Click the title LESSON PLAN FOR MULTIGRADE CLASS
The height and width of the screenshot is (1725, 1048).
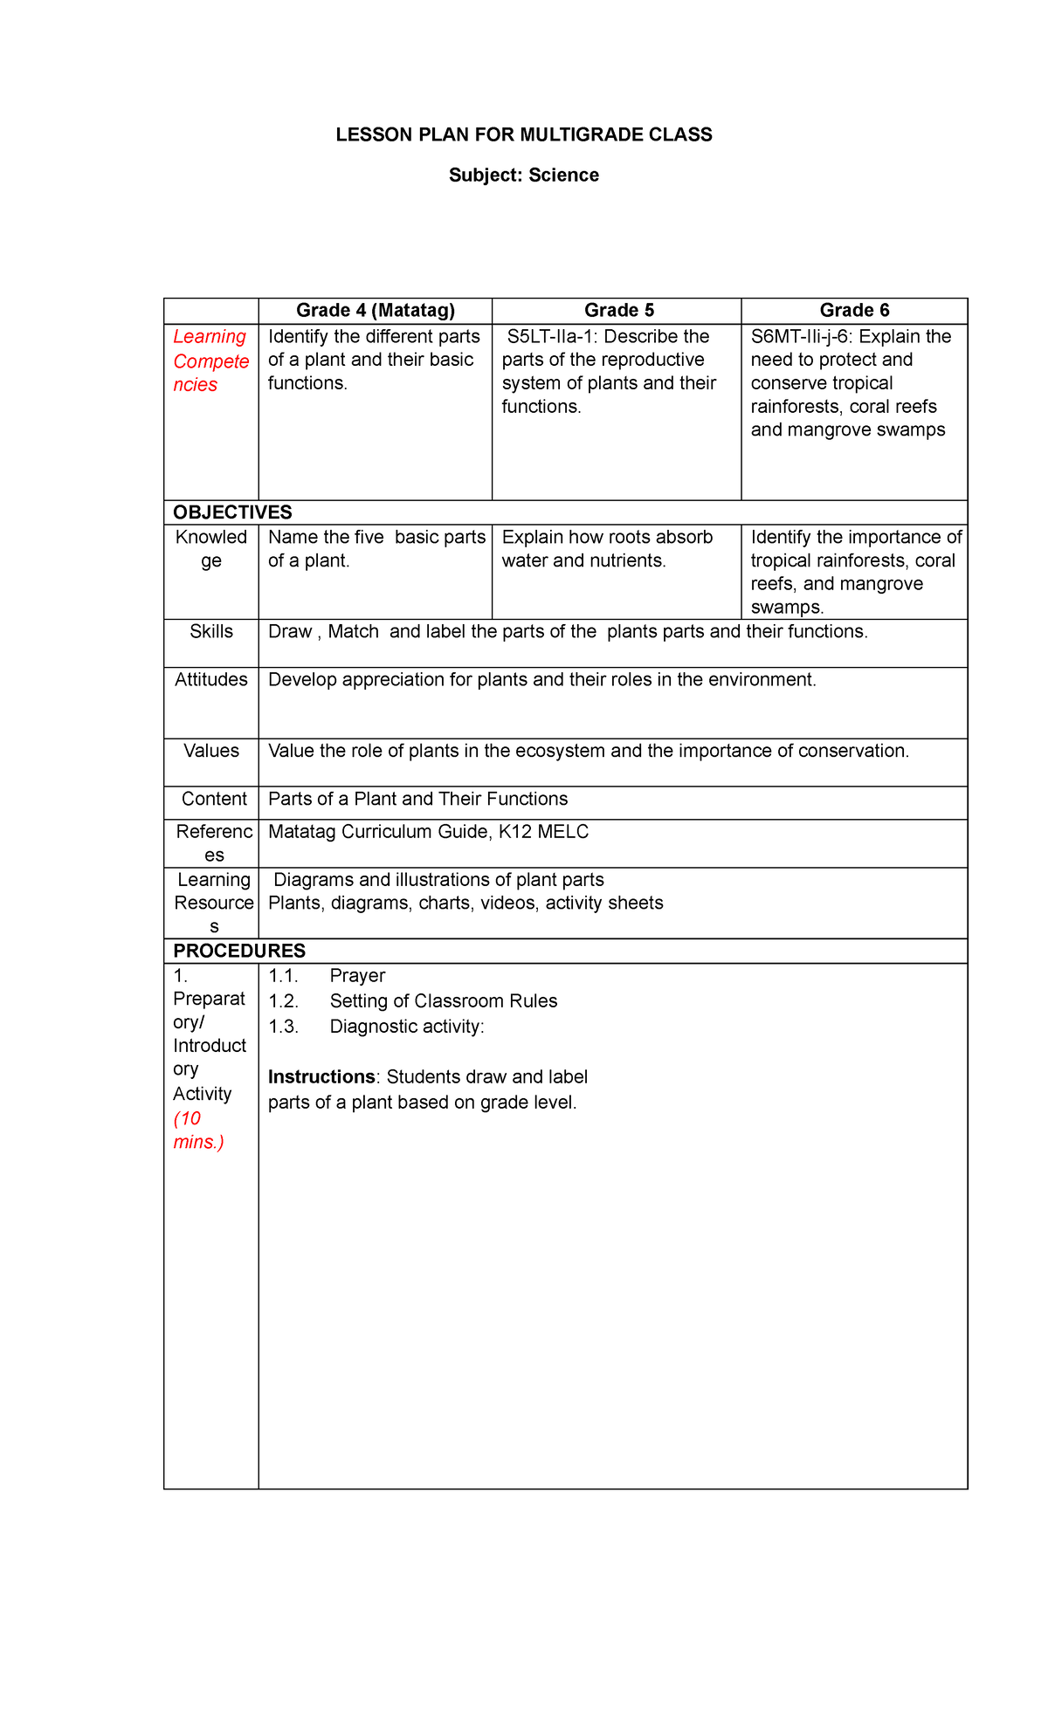click(524, 134)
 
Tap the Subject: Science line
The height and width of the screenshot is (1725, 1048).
click(524, 175)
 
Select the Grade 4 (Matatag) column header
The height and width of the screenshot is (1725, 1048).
click(376, 311)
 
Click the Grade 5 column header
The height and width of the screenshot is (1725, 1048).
click(618, 311)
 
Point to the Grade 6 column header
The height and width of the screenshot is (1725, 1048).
click(854, 311)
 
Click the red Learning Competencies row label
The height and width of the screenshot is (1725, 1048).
click(210, 361)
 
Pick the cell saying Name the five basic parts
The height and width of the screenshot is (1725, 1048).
click(376, 549)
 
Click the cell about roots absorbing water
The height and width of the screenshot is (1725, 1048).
click(607, 549)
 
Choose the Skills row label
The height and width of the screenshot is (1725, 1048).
click(211, 632)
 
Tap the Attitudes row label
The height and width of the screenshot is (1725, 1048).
click(211, 680)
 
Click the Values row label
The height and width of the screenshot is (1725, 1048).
click(211, 752)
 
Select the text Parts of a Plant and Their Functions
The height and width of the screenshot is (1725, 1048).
click(417, 800)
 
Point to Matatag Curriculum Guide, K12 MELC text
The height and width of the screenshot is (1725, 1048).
click(428, 832)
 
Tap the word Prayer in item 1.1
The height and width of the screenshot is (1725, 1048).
click(357, 976)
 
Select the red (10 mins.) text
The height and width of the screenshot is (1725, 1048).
click(198, 1131)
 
